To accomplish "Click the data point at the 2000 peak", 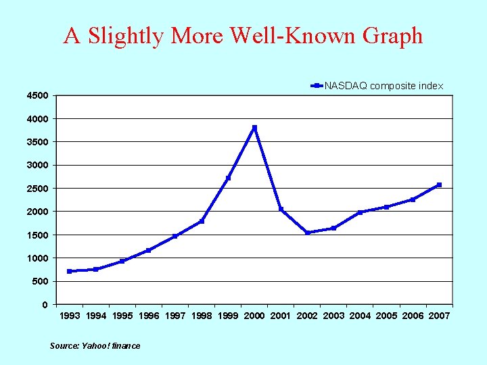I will (x=254, y=128).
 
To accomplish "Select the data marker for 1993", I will (x=70, y=271).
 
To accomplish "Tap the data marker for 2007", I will (x=439, y=185).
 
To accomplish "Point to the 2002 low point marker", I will (x=307, y=233).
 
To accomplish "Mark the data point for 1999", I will (x=228, y=178).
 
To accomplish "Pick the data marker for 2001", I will (x=281, y=210).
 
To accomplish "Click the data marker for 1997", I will (x=175, y=236).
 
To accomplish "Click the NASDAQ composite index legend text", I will (x=384, y=86).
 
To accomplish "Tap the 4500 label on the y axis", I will (x=37, y=96).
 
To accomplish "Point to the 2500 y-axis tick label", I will (x=37, y=189).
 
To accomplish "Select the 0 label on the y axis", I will (x=45, y=305).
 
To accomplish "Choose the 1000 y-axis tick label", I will (x=37, y=258).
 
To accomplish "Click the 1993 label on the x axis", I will (x=70, y=316).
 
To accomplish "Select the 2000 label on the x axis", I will (x=254, y=316).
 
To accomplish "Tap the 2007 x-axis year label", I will (x=439, y=316).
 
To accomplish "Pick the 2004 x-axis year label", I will (x=360, y=316).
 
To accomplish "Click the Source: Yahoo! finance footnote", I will (x=95, y=346).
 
